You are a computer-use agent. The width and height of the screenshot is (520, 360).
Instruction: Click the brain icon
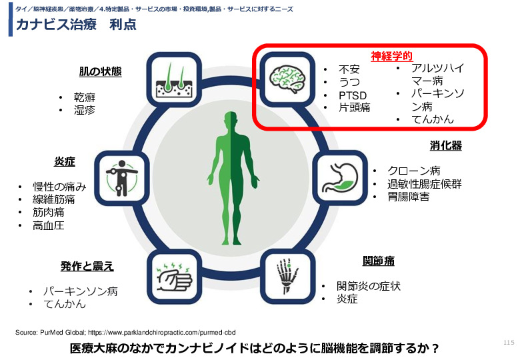pyautogui.click(x=287, y=79)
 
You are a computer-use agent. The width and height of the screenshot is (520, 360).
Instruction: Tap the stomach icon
pyautogui.click(x=340, y=177)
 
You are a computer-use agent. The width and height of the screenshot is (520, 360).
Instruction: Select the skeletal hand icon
pyautogui.click(x=287, y=276)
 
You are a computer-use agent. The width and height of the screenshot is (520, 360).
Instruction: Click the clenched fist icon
pyautogui.click(x=174, y=277)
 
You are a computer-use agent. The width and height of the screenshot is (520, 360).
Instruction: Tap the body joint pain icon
pyautogui.click(x=122, y=178)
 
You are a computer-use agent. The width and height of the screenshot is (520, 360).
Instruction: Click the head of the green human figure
pyautogui.click(x=231, y=119)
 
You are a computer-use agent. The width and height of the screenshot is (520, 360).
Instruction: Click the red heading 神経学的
pyautogui.click(x=391, y=56)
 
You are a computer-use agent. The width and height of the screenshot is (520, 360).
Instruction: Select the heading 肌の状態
pyautogui.click(x=100, y=71)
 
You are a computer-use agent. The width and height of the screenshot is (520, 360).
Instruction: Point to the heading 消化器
pyautogui.click(x=446, y=145)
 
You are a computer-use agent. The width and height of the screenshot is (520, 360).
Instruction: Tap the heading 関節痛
pyautogui.click(x=379, y=261)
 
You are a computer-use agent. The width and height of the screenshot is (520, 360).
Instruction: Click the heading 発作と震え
pyautogui.click(x=87, y=266)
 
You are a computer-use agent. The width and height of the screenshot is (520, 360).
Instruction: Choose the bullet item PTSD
pyautogui.click(x=353, y=95)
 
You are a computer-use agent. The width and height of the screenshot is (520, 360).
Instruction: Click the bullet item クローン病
pyautogui.click(x=414, y=171)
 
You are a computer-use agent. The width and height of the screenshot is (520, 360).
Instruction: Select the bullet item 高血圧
pyautogui.click(x=49, y=226)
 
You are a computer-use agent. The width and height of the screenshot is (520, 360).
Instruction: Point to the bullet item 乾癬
pyautogui.click(x=85, y=97)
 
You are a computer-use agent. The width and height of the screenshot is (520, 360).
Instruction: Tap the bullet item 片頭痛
pyautogui.click(x=354, y=107)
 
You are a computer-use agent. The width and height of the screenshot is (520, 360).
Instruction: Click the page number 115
pyautogui.click(x=509, y=343)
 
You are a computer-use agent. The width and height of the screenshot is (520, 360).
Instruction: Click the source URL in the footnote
pyautogui.click(x=162, y=332)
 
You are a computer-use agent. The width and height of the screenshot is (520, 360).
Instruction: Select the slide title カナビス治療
pyautogui.click(x=56, y=25)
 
